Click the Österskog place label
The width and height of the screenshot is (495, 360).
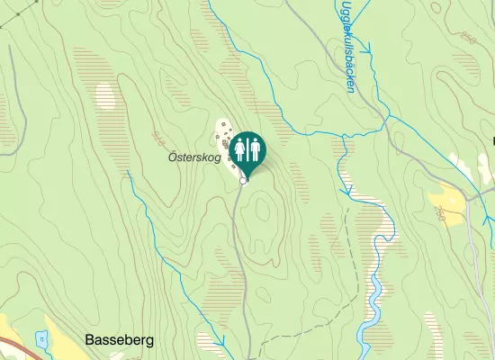pyautogui.click(x=194, y=157)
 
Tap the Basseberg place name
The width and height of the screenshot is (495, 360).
pyautogui.click(x=120, y=340)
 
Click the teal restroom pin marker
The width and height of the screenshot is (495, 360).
pyautogui.click(x=246, y=151)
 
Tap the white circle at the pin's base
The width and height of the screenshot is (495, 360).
pyautogui.click(x=244, y=181)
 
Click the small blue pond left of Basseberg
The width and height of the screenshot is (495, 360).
pyautogui.click(x=40, y=339)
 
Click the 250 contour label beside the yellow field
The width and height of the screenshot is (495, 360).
pyautogui.click(x=440, y=215)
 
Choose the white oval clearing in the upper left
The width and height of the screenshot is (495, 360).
pyautogui.click(x=106, y=96)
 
